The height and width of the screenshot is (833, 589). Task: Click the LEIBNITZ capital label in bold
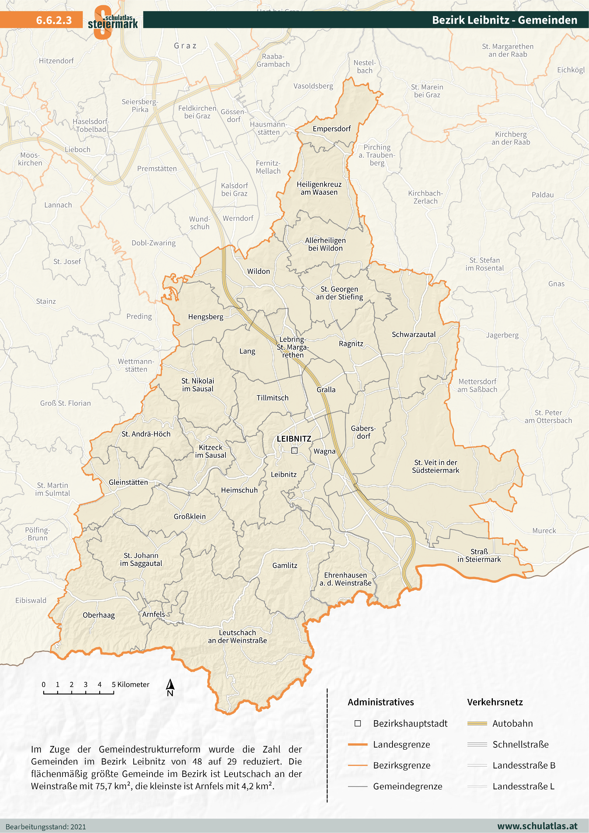pyautogui.click(x=294, y=439)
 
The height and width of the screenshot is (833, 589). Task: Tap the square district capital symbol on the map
pyautogui.click(x=294, y=451)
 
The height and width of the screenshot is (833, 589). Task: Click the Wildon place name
pyautogui.click(x=258, y=271)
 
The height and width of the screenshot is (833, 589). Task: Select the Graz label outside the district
pyautogui.click(x=185, y=46)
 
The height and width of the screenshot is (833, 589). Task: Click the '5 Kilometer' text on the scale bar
pyautogui.click(x=131, y=685)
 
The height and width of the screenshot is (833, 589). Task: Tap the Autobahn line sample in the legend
pyautogui.click(x=477, y=723)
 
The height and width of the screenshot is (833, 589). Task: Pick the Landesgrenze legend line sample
pyautogui.click(x=358, y=744)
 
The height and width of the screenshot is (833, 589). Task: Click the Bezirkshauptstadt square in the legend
pyautogui.click(x=358, y=723)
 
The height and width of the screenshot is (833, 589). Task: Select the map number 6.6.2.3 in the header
pyautogui.click(x=54, y=20)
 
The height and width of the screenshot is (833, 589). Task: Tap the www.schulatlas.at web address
pyautogui.click(x=537, y=826)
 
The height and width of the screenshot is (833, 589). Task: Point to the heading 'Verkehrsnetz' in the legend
pyautogui.click(x=495, y=702)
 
